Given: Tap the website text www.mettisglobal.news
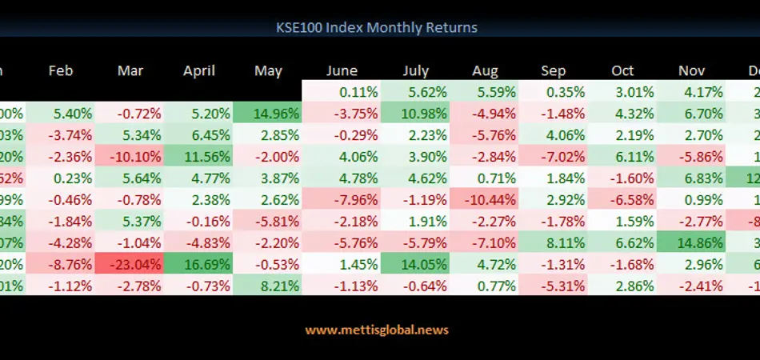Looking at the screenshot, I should pos(377,330).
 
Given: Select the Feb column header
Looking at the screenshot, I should pos(61,70).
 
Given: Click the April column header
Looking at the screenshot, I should pos(199,70).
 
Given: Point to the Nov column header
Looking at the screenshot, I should pos(692,70).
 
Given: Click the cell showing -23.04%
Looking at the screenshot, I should pos(130,263).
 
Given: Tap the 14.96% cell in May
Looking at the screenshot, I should pos(268,113).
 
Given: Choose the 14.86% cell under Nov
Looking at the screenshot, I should pos(692,242).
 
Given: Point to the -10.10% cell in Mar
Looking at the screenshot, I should pos(130,156).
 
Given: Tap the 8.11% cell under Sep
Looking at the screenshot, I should pos(553,242).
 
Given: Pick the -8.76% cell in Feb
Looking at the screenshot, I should pos(61,263).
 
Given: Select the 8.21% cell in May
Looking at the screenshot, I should pos(268,285).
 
